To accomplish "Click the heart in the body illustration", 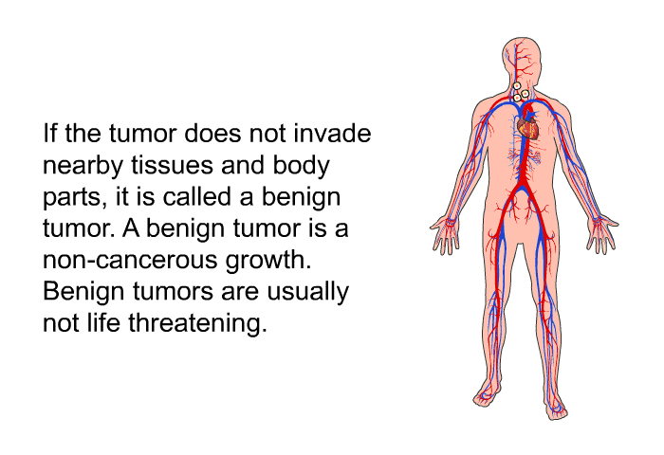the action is pyautogui.click(x=528, y=128).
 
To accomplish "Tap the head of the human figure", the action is pyautogui.click(x=522, y=59).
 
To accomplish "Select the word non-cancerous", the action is pyautogui.click(x=130, y=260).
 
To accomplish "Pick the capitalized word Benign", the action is pyautogui.click(x=84, y=293).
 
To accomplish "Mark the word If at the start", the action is pyautogui.click(x=50, y=134).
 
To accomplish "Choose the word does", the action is pyautogui.click(x=213, y=134).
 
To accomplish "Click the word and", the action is pyautogui.click(x=243, y=165).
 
